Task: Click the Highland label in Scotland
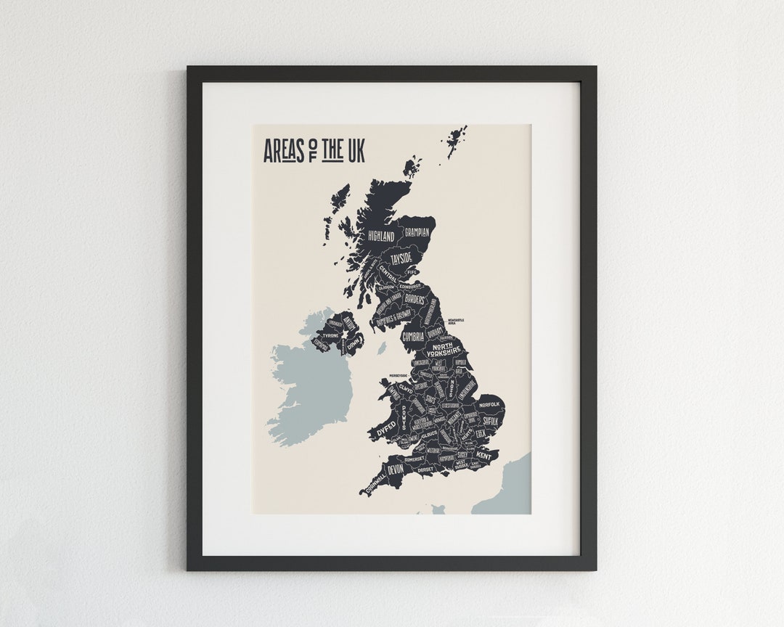pos(381,237)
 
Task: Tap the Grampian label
pos(417,233)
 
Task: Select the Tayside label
pos(401,258)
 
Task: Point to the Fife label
pos(412,273)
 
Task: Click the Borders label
pos(415,299)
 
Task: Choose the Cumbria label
pos(413,336)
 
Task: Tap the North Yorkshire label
pos(446,350)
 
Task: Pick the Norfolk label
pos(489,404)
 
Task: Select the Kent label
pos(483,456)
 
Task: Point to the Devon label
pos(396,470)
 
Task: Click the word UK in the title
pos(356,152)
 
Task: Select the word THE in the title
pos(332,151)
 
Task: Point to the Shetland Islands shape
pos(457,138)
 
